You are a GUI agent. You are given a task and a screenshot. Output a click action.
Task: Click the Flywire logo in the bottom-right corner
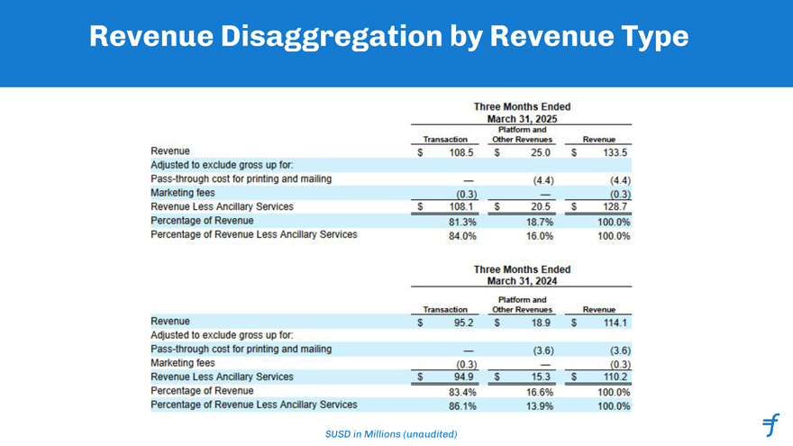point(770,424)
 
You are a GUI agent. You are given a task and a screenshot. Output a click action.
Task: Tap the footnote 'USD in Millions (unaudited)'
point(391,435)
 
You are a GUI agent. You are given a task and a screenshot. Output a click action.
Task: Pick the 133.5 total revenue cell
point(615,153)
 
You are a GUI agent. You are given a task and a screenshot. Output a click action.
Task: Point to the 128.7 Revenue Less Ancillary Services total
point(615,207)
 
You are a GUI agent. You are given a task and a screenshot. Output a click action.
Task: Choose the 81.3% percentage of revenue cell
point(460,222)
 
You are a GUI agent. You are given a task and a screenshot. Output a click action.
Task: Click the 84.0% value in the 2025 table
point(460,236)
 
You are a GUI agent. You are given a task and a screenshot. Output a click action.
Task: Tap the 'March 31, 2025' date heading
point(522,118)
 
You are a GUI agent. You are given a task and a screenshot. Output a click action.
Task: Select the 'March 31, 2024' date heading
point(522,282)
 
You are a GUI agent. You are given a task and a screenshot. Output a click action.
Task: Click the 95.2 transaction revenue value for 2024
point(460,322)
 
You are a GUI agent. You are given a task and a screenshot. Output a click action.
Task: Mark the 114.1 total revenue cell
point(616,322)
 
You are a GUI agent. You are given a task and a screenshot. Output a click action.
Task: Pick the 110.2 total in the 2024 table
point(616,377)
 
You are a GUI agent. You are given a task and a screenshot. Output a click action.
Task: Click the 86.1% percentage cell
point(460,406)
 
